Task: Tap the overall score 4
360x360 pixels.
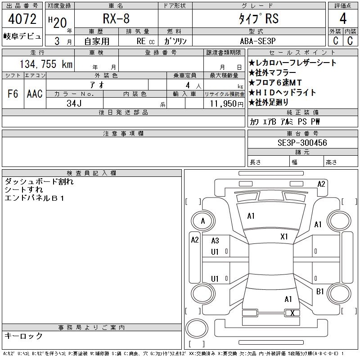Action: coord(343,19)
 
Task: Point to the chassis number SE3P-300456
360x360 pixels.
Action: coord(302,143)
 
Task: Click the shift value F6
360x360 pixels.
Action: coord(13,94)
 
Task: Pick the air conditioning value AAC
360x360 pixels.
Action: coord(35,94)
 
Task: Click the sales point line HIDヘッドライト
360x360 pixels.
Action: coord(282,93)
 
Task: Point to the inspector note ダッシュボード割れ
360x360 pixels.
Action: coord(39,182)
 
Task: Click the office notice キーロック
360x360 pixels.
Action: coord(24,336)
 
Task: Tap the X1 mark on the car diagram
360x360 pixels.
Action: coord(284,236)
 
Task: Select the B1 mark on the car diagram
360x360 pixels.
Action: coord(320,292)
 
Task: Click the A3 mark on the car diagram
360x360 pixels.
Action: coord(215,241)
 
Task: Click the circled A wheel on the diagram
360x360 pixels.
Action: coord(203,221)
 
